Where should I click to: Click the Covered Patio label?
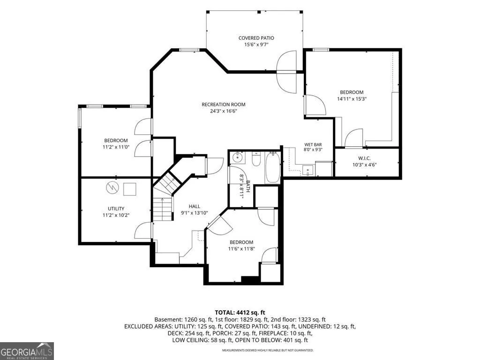256,38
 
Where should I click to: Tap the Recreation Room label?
224,105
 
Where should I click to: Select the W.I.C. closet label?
364,158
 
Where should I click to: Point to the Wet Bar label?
313,144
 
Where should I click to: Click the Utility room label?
116,209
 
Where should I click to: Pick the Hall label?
195,206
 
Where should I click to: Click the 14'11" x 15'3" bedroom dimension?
352,99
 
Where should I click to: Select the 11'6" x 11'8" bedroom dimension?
241,249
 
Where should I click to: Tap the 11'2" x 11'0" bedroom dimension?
116,147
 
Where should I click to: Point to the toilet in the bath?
256,159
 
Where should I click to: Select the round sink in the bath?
237,158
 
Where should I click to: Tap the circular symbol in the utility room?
112,187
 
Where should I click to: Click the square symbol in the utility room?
130,189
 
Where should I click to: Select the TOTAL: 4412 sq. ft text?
240,313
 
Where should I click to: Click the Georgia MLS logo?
27,351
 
